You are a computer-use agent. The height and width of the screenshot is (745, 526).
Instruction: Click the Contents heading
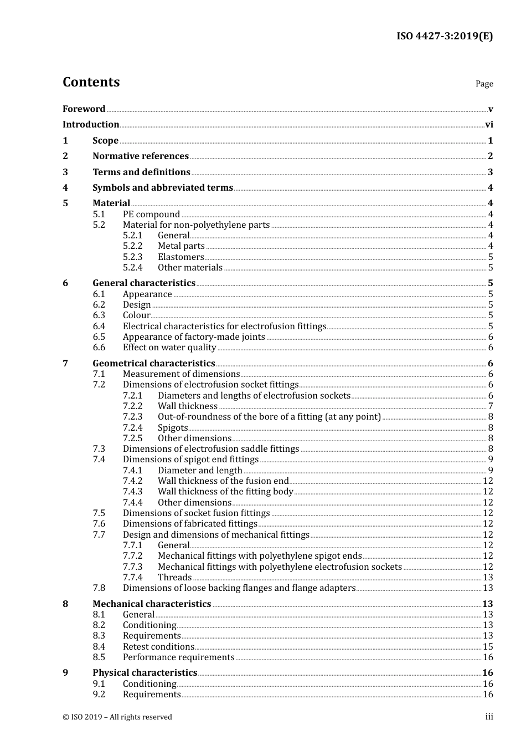[x=91, y=82]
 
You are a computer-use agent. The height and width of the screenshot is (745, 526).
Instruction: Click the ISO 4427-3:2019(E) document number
[x=444, y=36]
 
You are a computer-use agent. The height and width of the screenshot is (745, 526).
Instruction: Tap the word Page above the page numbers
[x=484, y=84]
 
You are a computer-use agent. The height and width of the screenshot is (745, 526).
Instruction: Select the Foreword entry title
[x=84, y=109]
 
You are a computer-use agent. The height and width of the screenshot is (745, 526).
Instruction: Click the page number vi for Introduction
[x=489, y=125]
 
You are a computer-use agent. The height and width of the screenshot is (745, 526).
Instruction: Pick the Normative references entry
[x=141, y=156]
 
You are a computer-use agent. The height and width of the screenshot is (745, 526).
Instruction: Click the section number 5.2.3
[x=132, y=257]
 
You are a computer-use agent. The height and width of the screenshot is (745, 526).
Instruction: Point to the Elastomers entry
[x=181, y=257]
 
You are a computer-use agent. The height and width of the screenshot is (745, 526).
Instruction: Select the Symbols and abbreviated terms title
[x=163, y=187]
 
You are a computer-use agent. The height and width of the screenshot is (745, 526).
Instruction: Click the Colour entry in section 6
[x=136, y=315]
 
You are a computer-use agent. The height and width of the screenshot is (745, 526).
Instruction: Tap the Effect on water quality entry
[x=169, y=348]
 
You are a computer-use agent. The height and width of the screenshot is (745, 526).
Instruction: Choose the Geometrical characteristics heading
[x=154, y=364]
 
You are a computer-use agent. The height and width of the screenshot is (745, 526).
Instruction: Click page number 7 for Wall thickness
[x=491, y=406]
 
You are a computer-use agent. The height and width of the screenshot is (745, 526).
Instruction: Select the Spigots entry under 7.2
[x=173, y=427]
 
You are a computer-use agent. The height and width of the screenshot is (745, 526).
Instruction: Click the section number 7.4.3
[x=132, y=492]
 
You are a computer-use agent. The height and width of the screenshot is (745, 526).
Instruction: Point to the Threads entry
[x=174, y=578]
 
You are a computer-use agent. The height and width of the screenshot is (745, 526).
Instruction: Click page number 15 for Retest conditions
[x=488, y=647]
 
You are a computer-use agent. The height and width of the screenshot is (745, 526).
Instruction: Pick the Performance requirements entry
[x=178, y=657]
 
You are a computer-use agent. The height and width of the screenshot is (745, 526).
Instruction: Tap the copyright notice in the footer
[x=117, y=717]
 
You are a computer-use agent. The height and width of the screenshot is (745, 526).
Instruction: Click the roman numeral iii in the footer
[x=489, y=717]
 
